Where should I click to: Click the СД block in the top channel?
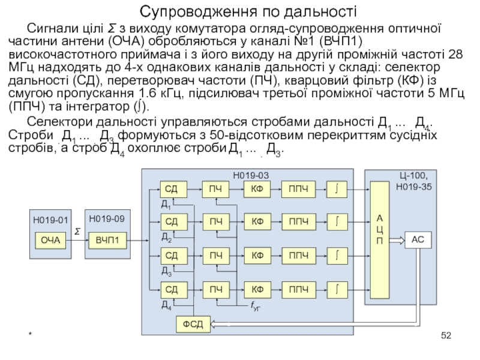171,190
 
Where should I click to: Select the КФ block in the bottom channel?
257,290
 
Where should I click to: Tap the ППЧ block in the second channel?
298,223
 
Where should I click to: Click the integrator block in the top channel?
338,190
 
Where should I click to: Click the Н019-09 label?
107,218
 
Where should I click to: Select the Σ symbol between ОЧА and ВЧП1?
77,230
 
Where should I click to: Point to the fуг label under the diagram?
255,307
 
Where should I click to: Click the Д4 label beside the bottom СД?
166,305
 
